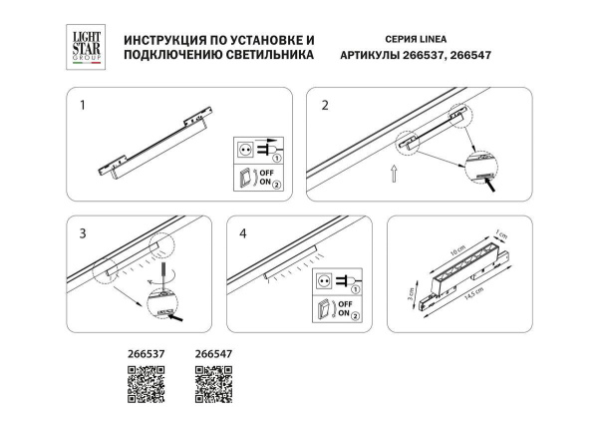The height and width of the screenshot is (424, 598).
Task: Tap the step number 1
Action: [84, 103]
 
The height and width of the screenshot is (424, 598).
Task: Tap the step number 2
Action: [324, 103]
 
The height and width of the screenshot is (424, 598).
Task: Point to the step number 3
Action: [84, 232]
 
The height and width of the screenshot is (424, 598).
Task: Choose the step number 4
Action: [243, 232]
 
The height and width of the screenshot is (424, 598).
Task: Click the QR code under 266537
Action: [147, 384]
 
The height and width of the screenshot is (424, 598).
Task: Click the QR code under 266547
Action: [212, 384]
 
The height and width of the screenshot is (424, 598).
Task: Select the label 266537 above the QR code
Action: [147, 353]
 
